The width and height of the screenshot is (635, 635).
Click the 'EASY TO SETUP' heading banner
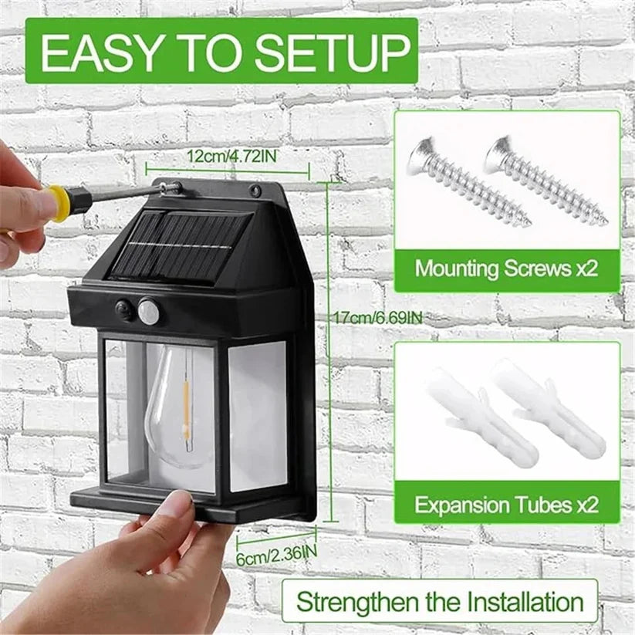click(221, 51)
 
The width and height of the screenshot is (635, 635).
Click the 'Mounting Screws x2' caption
click(507, 269)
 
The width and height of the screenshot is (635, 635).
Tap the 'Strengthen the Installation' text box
click(440, 601)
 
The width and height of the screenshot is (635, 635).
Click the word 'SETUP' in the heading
click(333, 52)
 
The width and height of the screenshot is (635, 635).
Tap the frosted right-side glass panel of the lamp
click(257, 417)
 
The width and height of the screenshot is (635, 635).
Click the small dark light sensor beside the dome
click(123, 310)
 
